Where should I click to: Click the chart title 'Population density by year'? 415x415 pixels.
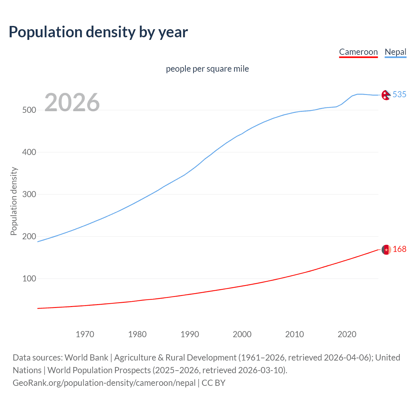(98, 32)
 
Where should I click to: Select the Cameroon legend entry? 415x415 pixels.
(358, 52)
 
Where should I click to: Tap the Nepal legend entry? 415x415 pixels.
(395, 52)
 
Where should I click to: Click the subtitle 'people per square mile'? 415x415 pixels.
(207, 69)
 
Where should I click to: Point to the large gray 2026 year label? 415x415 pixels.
(72, 102)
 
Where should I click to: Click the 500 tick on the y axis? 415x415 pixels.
(29, 110)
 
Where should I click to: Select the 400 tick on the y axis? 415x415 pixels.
(29, 152)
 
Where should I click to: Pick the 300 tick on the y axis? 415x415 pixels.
(29, 194)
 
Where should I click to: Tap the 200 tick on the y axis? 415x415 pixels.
(29, 236)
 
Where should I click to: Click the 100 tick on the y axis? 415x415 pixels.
(29, 279)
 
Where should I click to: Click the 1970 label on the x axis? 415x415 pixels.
(85, 334)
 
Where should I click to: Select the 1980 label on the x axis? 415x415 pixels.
(137, 334)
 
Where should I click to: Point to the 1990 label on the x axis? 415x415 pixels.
(190, 334)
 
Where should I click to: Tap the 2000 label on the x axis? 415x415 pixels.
(242, 334)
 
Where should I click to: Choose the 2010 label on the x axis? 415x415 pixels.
(294, 334)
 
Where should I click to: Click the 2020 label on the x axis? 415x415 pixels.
(347, 334)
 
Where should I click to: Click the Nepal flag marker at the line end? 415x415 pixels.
(386, 95)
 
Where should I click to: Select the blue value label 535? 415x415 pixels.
(399, 94)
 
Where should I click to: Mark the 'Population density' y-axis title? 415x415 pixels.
(14, 201)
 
